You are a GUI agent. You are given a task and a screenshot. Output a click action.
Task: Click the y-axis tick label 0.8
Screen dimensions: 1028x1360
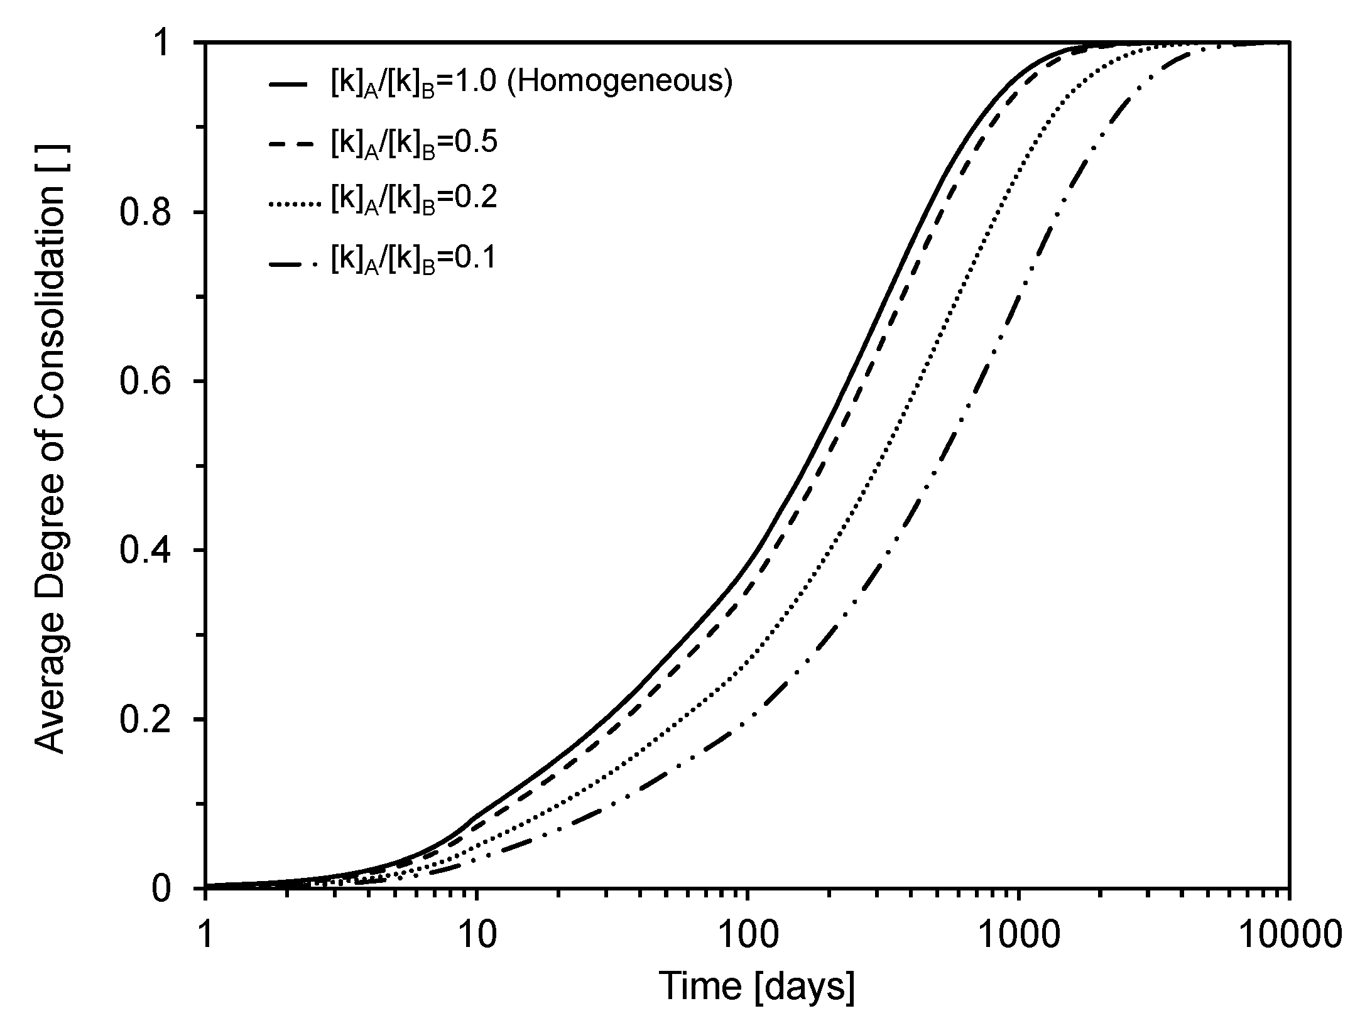point(153,213)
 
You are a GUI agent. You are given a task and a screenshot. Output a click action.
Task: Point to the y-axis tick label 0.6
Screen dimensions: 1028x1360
point(153,382)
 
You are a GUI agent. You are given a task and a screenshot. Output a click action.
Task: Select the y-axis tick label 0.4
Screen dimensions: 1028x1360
point(153,551)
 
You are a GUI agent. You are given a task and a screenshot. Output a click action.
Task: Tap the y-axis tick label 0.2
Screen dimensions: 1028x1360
point(153,720)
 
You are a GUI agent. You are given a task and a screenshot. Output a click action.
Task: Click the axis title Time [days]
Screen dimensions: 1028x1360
point(756,986)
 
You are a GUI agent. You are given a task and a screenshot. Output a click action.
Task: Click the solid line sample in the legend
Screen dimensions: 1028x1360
point(288,84)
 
